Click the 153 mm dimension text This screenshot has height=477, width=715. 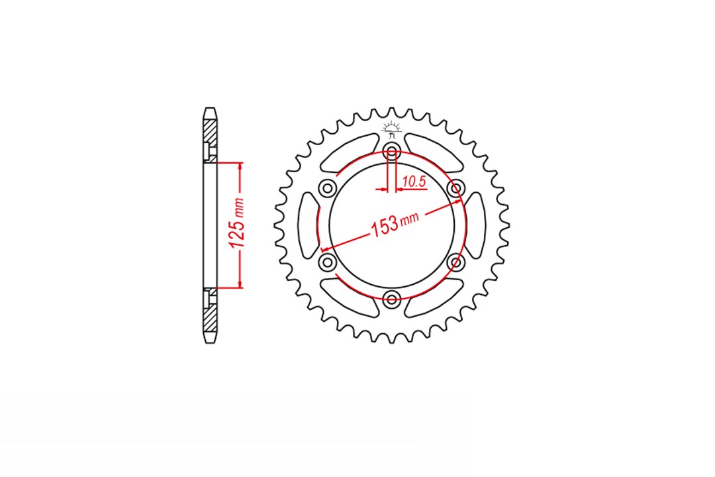click(x=395, y=223)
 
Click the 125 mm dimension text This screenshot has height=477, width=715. click(x=238, y=224)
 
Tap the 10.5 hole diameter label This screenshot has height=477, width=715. click(x=414, y=182)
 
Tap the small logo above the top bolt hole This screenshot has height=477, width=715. click(x=391, y=129)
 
